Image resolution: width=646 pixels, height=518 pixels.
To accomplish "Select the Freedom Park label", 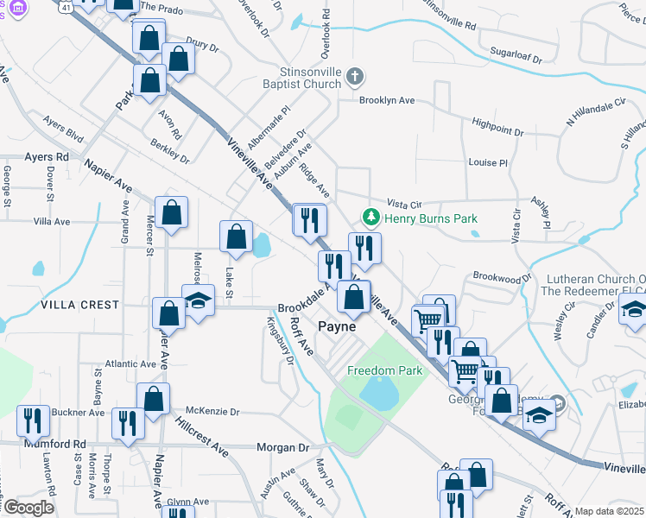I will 385,370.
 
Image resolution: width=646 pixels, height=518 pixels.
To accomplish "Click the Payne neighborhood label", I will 337,326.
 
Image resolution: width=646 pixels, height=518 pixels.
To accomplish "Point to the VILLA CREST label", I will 79,305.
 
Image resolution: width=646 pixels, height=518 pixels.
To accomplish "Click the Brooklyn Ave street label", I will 387,100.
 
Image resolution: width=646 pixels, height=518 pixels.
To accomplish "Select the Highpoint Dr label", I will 493,128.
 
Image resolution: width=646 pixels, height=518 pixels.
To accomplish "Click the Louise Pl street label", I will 488,162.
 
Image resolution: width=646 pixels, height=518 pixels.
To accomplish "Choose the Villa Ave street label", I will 51,222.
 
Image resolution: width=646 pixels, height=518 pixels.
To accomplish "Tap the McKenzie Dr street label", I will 212,412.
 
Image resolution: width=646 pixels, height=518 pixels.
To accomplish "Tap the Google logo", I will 28,508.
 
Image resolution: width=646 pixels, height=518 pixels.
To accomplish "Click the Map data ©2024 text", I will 608,511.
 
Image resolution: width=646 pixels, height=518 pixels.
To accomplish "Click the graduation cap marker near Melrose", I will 199,301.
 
